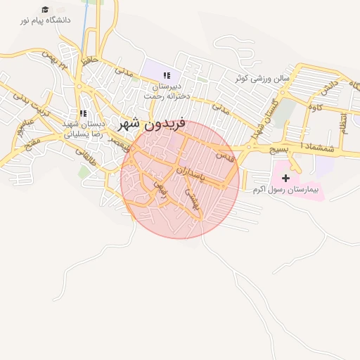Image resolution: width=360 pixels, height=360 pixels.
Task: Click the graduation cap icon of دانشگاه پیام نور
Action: point(46,10)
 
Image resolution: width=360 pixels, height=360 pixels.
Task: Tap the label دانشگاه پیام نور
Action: point(46,21)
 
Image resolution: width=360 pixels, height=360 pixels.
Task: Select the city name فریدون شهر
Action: point(153,125)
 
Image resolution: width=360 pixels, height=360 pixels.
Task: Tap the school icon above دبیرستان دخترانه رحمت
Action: point(167,75)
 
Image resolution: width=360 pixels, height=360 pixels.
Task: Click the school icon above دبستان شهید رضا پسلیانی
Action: point(83,112)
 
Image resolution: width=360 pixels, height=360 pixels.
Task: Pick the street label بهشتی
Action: point(191,198)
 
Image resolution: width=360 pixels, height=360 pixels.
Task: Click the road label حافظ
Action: point(87,62)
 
